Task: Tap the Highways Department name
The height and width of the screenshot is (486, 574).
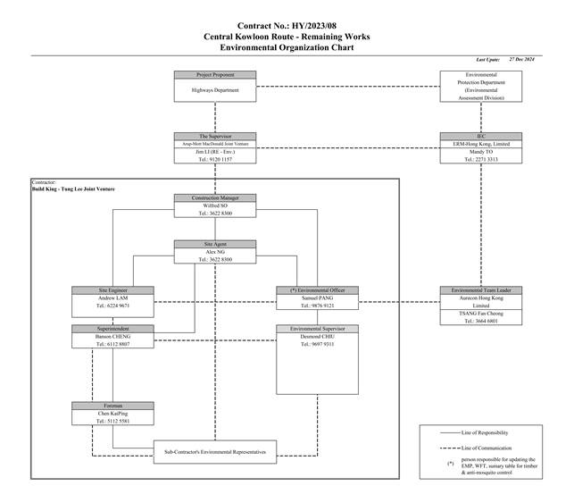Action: coord(215,90)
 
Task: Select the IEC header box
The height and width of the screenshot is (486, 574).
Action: coord(480,137)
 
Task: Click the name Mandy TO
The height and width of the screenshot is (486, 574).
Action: coord(480,152)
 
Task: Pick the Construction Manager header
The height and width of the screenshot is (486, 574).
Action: coord(215,197)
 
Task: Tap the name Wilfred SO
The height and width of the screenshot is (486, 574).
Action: coord(215,205)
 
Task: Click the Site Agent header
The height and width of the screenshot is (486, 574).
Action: coord(215,244)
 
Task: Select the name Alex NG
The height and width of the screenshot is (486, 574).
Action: coord(215,252)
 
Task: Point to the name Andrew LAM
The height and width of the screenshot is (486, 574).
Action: coord(112,297)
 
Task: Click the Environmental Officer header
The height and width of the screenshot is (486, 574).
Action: coord(318,290)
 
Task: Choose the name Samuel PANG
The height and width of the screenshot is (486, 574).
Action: coord(318,297)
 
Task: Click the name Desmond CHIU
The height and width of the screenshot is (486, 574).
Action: coord(318,337)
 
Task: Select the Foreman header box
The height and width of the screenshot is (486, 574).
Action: coord(112,406)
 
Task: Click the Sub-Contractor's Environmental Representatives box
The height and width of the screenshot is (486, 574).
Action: coord(215,451)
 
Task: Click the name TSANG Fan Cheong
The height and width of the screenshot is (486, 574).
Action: coord(480,314)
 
